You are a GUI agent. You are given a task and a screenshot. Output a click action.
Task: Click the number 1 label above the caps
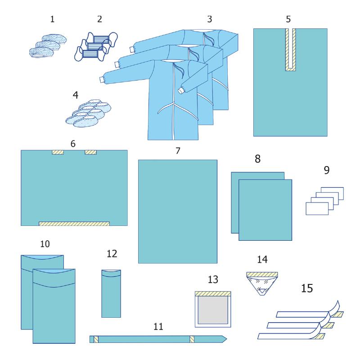pos(52,19)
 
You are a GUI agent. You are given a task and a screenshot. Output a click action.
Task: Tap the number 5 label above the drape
pos(288,19)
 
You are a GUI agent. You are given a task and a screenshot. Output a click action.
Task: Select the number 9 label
pos(327,170)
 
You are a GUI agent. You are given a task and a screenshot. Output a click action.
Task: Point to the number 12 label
pos(112,254)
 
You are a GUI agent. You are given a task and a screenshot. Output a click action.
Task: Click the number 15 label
pos(307,288)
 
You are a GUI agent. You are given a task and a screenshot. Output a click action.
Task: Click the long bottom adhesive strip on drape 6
pos(74,224)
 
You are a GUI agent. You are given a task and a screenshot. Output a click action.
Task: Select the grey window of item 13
pos(213,310)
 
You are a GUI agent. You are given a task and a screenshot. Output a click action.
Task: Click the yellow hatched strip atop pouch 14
pos(262,274)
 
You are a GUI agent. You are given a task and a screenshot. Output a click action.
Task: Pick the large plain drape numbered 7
pos(178,211)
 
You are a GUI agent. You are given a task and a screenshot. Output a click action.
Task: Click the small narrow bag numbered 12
pos(111,294)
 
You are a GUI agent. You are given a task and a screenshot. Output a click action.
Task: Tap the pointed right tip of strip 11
pos(227,339)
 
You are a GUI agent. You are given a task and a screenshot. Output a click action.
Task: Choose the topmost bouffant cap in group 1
pos(54,39)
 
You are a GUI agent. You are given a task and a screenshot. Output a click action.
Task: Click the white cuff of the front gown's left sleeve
pos(102,80)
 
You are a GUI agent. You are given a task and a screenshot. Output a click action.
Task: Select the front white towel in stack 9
pos(317,208)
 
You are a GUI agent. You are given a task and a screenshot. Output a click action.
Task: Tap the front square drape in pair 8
pos(265,210)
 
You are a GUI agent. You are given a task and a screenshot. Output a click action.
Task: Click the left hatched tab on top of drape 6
pos(58,152)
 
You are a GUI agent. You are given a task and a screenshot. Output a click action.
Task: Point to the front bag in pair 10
pos(54,306)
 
